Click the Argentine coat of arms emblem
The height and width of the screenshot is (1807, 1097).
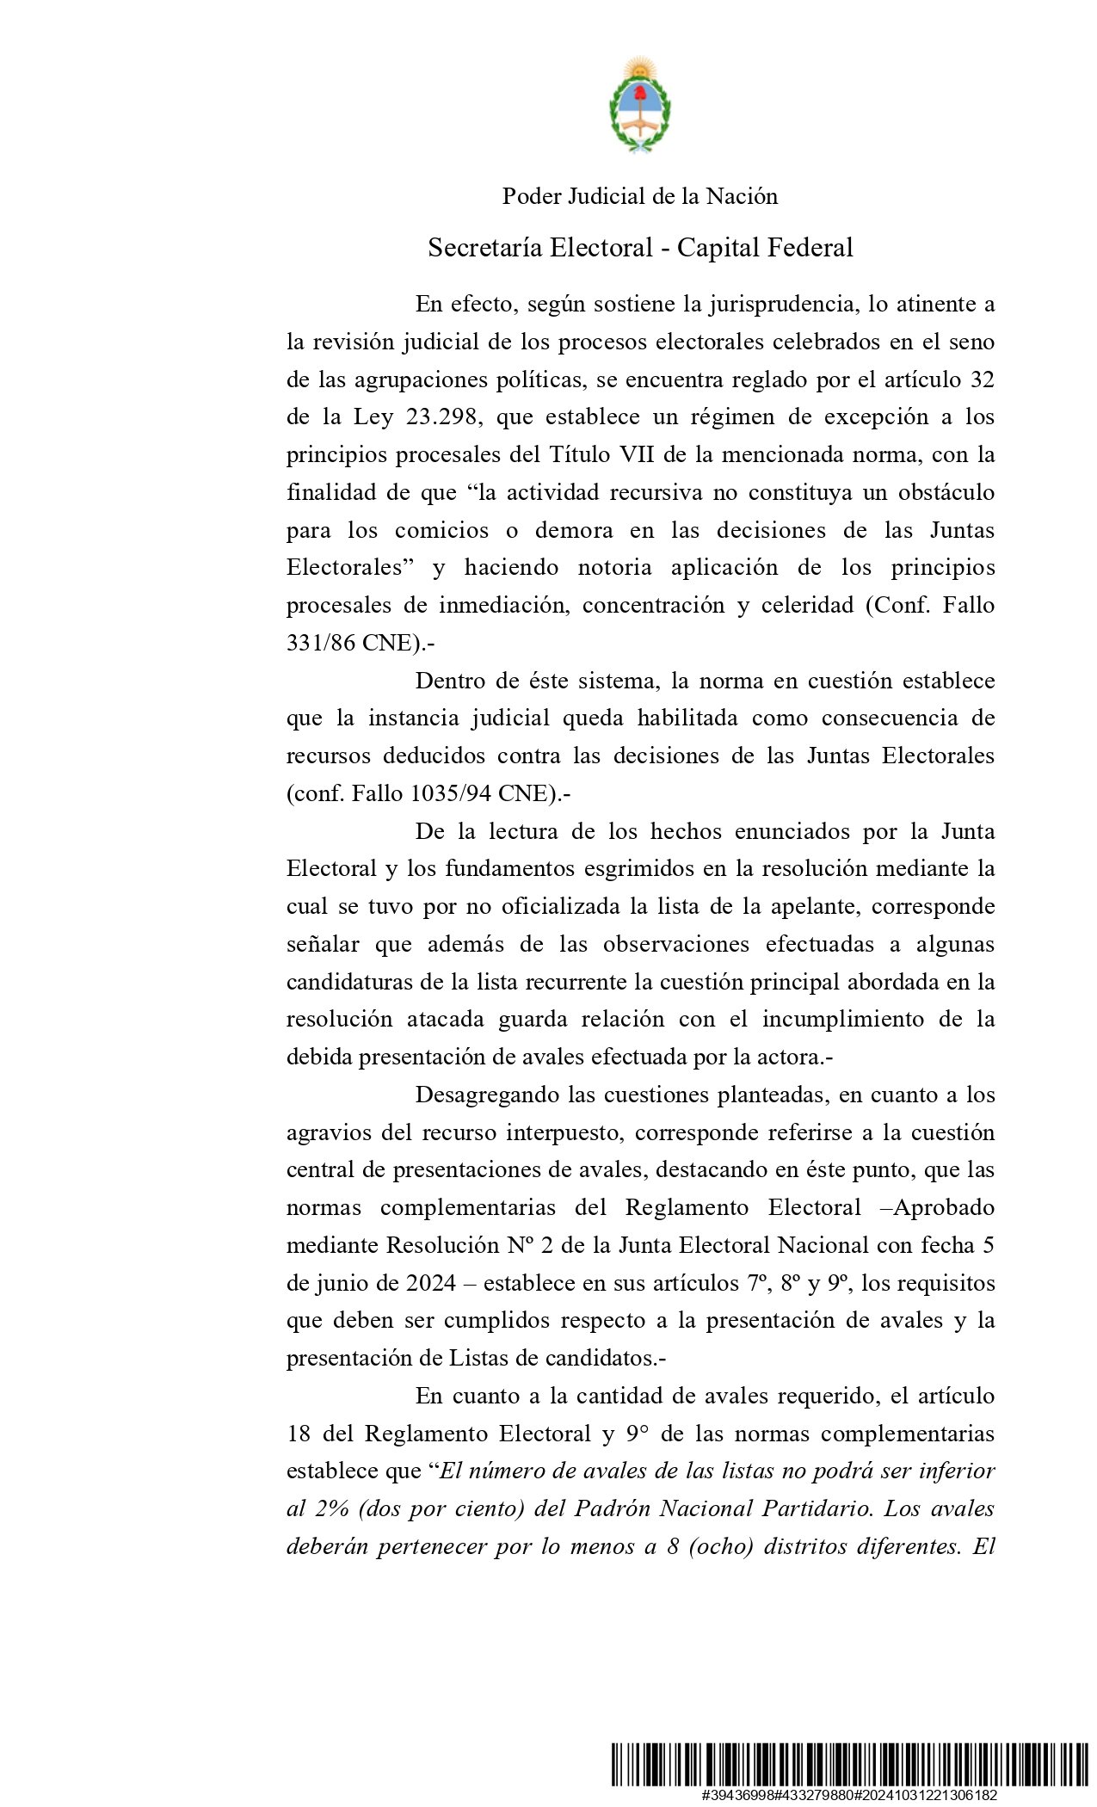click(x=640, y=106)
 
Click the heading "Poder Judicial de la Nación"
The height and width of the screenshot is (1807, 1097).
click(x=640, y=197)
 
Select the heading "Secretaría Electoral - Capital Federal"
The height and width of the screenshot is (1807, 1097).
click(x=640, y=248)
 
